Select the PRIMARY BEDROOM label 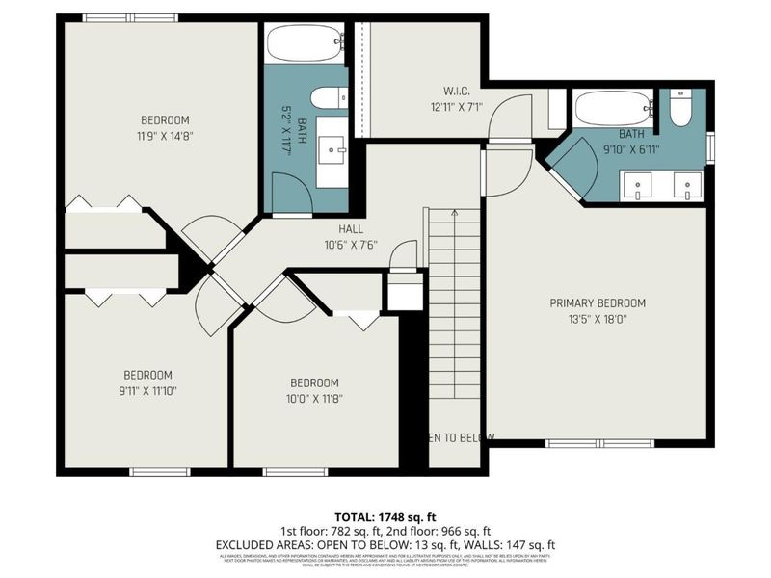pos(598,302)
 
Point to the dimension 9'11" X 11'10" pos(147,391)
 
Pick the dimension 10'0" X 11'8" pos(315,397)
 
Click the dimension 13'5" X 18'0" pos(598,319)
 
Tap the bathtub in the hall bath pos(305,43)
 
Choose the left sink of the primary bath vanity pos(638,184)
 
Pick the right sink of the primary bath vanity pos(686,184)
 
